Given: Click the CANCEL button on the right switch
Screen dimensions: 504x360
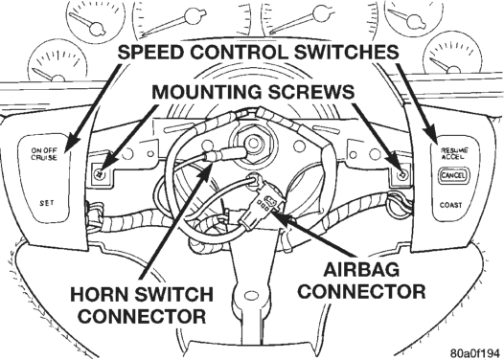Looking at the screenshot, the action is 453,175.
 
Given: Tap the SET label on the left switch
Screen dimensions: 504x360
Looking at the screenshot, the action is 47,203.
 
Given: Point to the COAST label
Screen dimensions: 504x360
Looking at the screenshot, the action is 450,205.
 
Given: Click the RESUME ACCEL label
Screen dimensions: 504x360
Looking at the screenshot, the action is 454,153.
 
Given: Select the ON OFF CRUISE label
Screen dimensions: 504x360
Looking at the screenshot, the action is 44,154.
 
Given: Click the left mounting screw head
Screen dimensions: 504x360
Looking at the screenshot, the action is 100,174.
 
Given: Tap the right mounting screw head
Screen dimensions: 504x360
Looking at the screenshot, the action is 402,175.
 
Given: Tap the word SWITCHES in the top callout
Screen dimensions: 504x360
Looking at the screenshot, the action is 346,52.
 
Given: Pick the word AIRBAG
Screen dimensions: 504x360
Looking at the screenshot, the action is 361,269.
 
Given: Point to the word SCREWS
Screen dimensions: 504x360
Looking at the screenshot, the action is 310,93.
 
